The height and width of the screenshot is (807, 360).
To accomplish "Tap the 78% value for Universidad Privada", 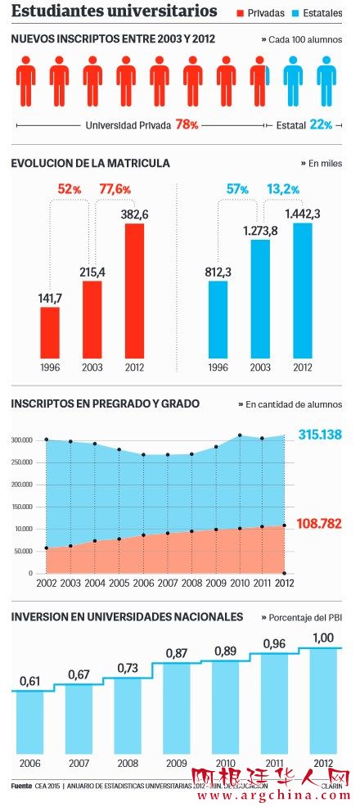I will coord(187,125).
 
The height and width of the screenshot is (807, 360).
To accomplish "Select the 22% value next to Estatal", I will coord(321,125).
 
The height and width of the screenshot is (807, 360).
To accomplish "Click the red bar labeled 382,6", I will coord(134,290).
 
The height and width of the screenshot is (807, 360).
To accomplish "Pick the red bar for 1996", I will coord(50,331).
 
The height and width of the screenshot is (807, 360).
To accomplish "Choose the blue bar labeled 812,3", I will coord(218,319).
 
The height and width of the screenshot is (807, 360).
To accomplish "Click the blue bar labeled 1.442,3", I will coord(303,290).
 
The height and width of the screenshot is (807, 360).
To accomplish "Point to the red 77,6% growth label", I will coord(115,189).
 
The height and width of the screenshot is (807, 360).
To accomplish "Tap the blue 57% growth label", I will coord(237,189).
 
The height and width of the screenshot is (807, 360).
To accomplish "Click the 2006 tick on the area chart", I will coord(143,583).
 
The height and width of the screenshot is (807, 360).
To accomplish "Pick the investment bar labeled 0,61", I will coord(30,724).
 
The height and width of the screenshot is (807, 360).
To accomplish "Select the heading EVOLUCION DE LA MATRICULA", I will coord(91,164).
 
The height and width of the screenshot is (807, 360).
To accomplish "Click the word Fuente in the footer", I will coord(21,787).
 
